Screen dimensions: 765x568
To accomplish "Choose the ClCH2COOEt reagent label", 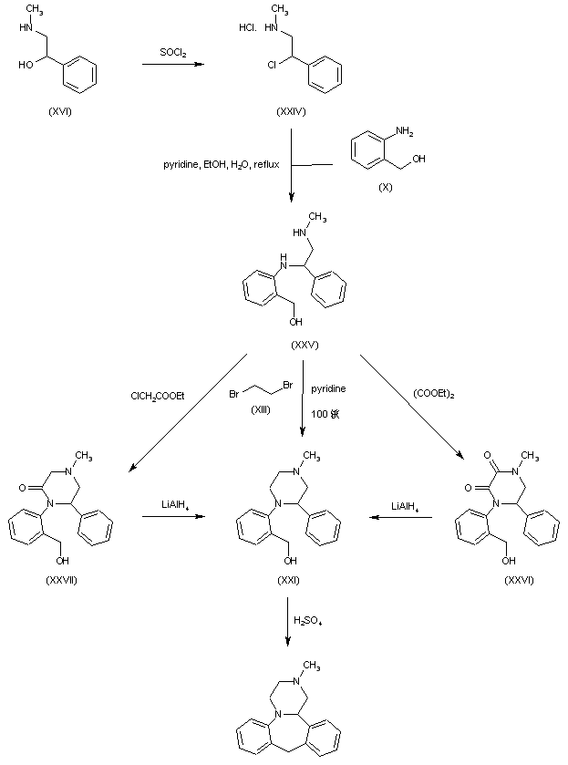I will [158, 395].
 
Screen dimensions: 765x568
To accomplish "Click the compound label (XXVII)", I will [60, 580].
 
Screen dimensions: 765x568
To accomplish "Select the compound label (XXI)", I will [291, 580].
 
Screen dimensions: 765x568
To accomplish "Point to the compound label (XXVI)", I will [519, 580].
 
